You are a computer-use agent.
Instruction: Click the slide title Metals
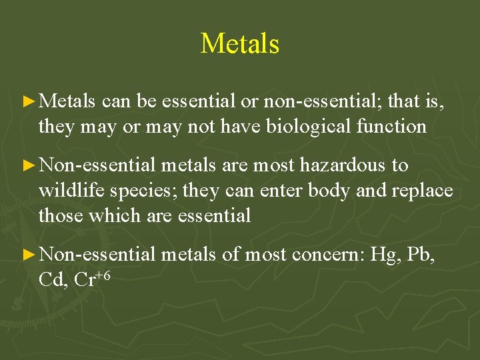tap(240, 44)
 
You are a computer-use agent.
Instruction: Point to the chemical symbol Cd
tap(52, 280)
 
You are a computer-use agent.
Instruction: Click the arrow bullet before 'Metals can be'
tap(28, 102)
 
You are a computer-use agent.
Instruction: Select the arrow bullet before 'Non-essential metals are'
tap(28, 166)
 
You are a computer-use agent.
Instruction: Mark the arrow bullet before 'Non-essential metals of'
tap(28, 255)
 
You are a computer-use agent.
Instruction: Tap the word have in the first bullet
tap(239, 127)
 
